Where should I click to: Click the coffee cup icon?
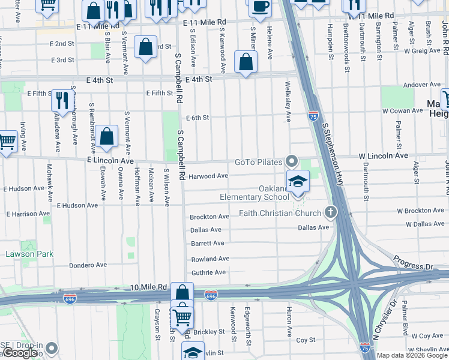260,6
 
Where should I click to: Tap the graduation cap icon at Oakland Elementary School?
297,181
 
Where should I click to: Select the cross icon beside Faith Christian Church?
330,212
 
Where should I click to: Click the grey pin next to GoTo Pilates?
292,161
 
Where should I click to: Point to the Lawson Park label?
29,254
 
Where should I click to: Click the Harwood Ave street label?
208,176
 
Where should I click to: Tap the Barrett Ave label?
207,243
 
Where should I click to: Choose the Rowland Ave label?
210,259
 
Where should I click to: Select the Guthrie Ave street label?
208,272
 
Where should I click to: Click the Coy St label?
306,340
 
